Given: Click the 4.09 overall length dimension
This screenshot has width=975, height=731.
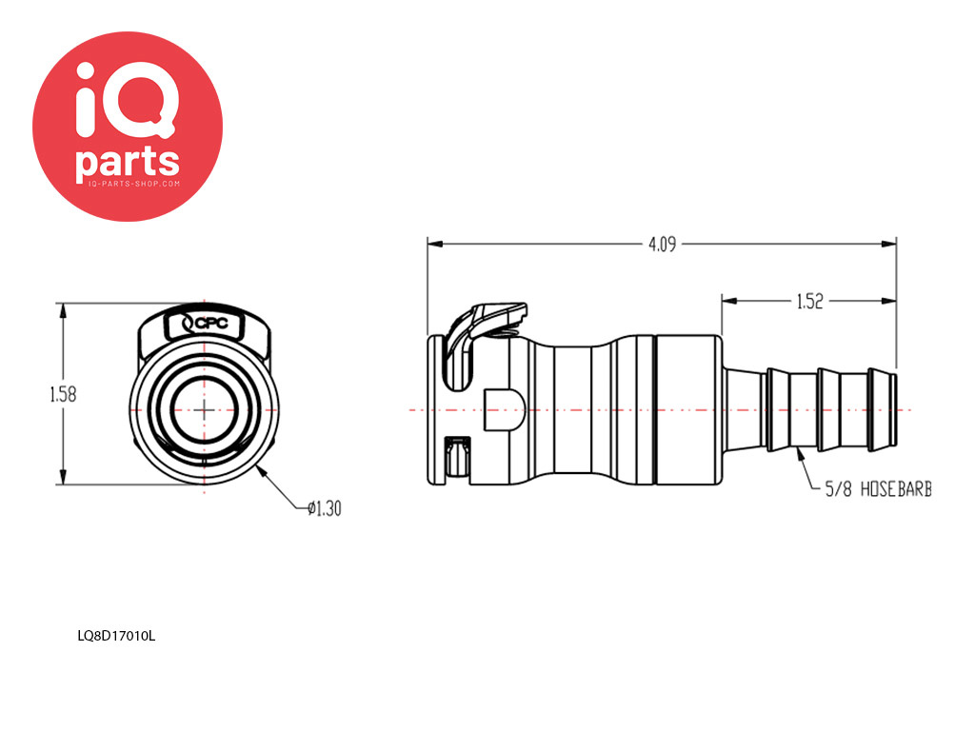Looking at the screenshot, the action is pos(662,245).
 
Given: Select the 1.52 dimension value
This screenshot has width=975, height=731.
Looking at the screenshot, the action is pos(809,302).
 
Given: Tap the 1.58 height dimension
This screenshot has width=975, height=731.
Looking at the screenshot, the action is pos(63,394).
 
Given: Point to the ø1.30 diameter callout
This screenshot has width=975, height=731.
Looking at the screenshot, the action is pos(325,508).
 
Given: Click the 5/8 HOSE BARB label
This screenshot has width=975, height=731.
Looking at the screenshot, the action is pos(878,489).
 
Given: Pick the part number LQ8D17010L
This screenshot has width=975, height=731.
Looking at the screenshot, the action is pos(116,636).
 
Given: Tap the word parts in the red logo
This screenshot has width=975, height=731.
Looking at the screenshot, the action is pos(128,162).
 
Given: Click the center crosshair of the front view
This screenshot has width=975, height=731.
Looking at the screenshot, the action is pos(205,409).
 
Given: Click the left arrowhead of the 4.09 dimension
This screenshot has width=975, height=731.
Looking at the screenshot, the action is pos(434,245).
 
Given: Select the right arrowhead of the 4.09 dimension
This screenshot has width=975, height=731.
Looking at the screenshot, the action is pos(889,245).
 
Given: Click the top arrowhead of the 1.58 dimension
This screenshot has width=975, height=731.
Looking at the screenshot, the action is pos(63,311).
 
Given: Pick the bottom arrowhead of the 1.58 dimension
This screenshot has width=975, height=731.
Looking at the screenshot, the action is pos(63,477).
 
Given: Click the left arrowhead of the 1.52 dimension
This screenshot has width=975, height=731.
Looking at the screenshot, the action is pos(729,302).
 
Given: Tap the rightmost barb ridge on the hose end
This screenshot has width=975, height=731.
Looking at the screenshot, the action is pos(883,409).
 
